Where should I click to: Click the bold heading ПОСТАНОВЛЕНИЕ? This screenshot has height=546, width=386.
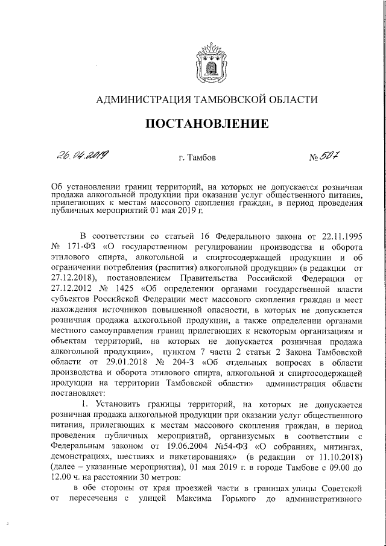207,124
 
